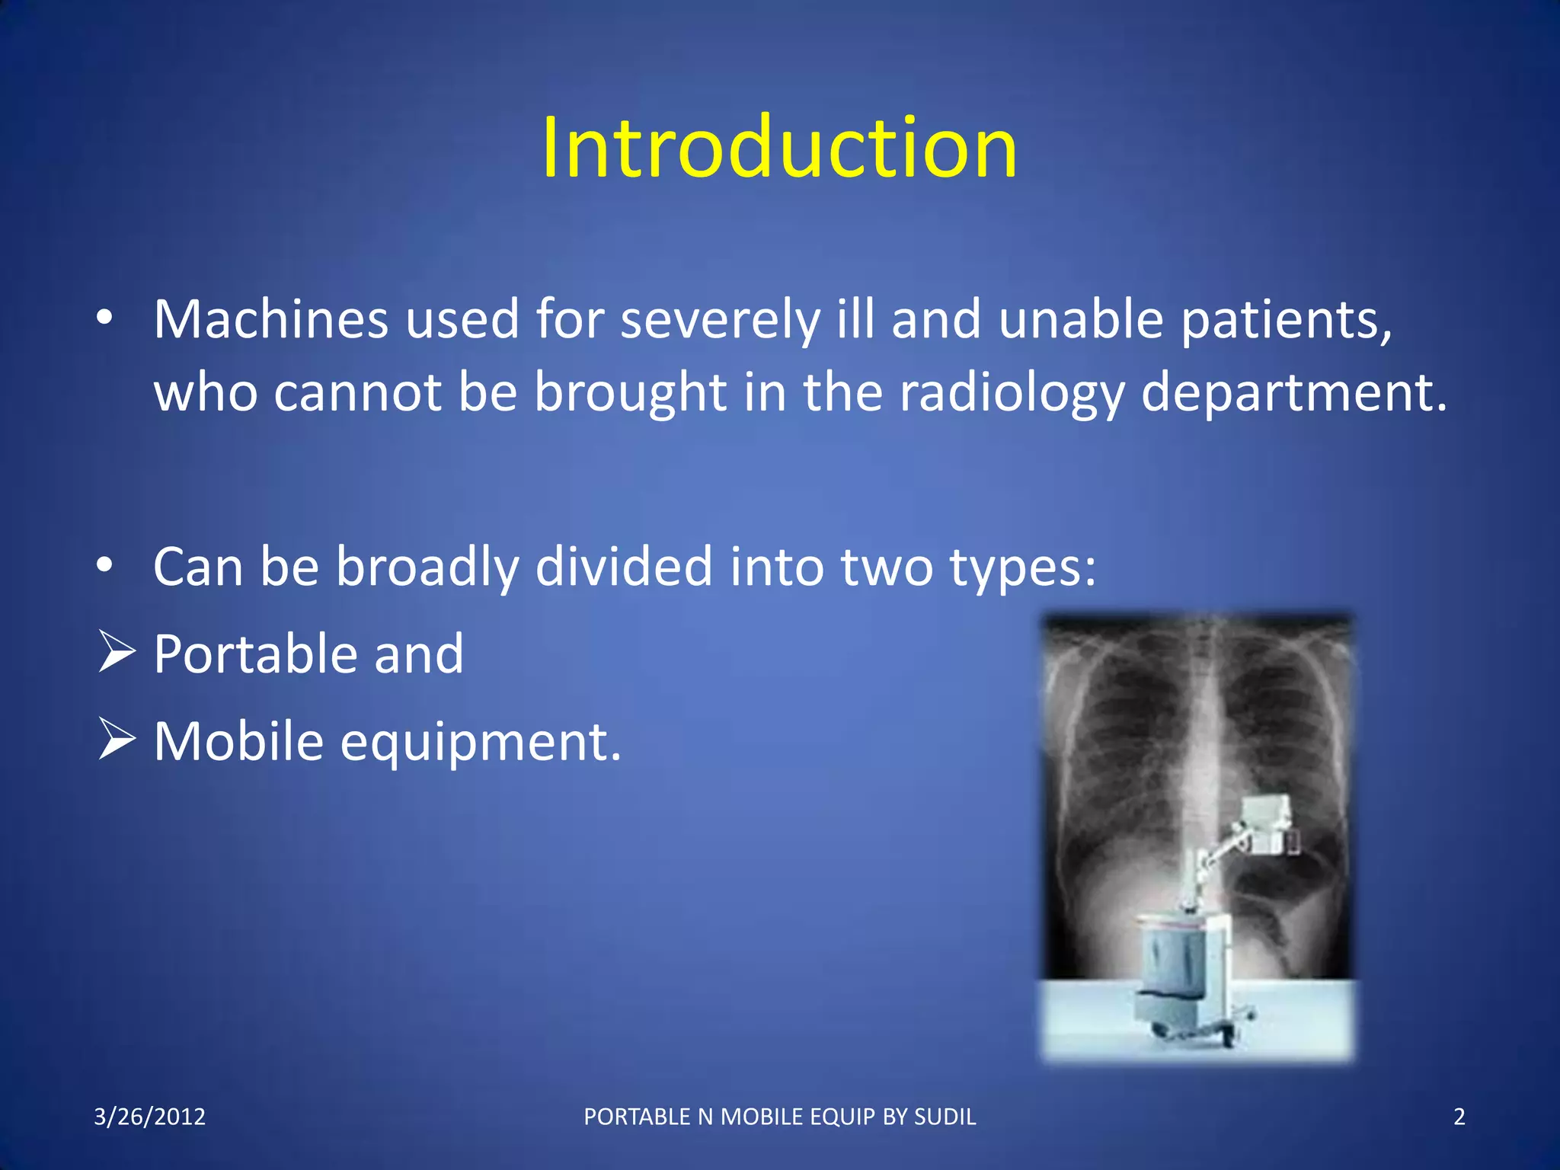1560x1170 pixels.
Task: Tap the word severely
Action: click(x=720, y=321)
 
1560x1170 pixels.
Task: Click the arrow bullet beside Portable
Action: click(x=117, y=653)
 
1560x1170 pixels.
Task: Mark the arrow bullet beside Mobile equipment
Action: click(x=117, y=740)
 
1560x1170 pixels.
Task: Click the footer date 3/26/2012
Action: click(x=150, y=1117)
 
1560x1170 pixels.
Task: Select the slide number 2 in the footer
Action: click(x=1459, y=1117)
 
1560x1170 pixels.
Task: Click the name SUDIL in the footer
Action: click(x=945, y=1117)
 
